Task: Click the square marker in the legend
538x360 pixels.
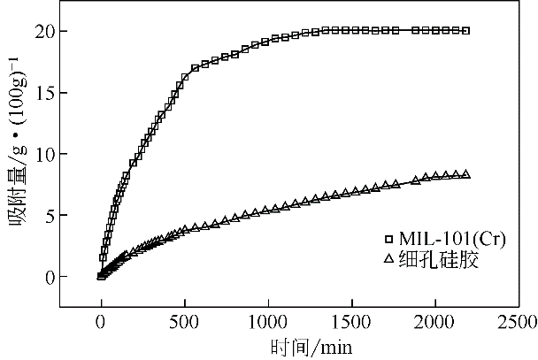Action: (x=388, y=239)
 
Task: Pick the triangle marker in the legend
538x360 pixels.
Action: (x=388, y=260)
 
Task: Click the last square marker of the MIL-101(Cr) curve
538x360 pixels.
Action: (x=466, y=30)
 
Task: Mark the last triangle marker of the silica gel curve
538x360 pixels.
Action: (x=466, y=174)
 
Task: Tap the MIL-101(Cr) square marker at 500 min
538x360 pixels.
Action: (x=184, y=76)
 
